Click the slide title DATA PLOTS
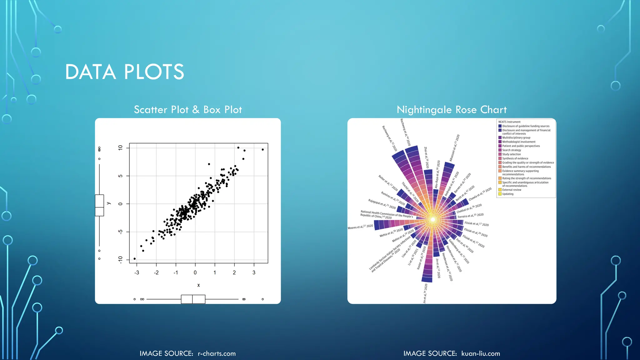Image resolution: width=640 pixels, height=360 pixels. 124,72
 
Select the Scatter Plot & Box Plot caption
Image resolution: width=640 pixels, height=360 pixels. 188,110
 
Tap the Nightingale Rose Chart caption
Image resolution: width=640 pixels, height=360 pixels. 452,110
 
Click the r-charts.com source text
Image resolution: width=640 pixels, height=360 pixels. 217,353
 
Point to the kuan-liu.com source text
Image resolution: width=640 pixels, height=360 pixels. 481,353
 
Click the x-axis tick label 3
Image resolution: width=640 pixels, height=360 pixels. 254,272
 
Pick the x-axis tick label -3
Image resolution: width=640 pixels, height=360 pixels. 137,272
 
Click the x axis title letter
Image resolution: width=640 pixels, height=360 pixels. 198,285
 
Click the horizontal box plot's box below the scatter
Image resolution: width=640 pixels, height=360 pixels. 193,299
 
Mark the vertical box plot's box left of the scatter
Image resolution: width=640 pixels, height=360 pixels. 99,205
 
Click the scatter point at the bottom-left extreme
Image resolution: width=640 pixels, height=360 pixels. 135,259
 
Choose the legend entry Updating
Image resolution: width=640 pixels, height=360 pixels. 507,194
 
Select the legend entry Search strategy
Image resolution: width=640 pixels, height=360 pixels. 511,150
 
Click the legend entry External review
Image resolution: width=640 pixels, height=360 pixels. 512,190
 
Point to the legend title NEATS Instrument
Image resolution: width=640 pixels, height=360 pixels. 509,122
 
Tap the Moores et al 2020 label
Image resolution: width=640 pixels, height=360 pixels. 360,227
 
